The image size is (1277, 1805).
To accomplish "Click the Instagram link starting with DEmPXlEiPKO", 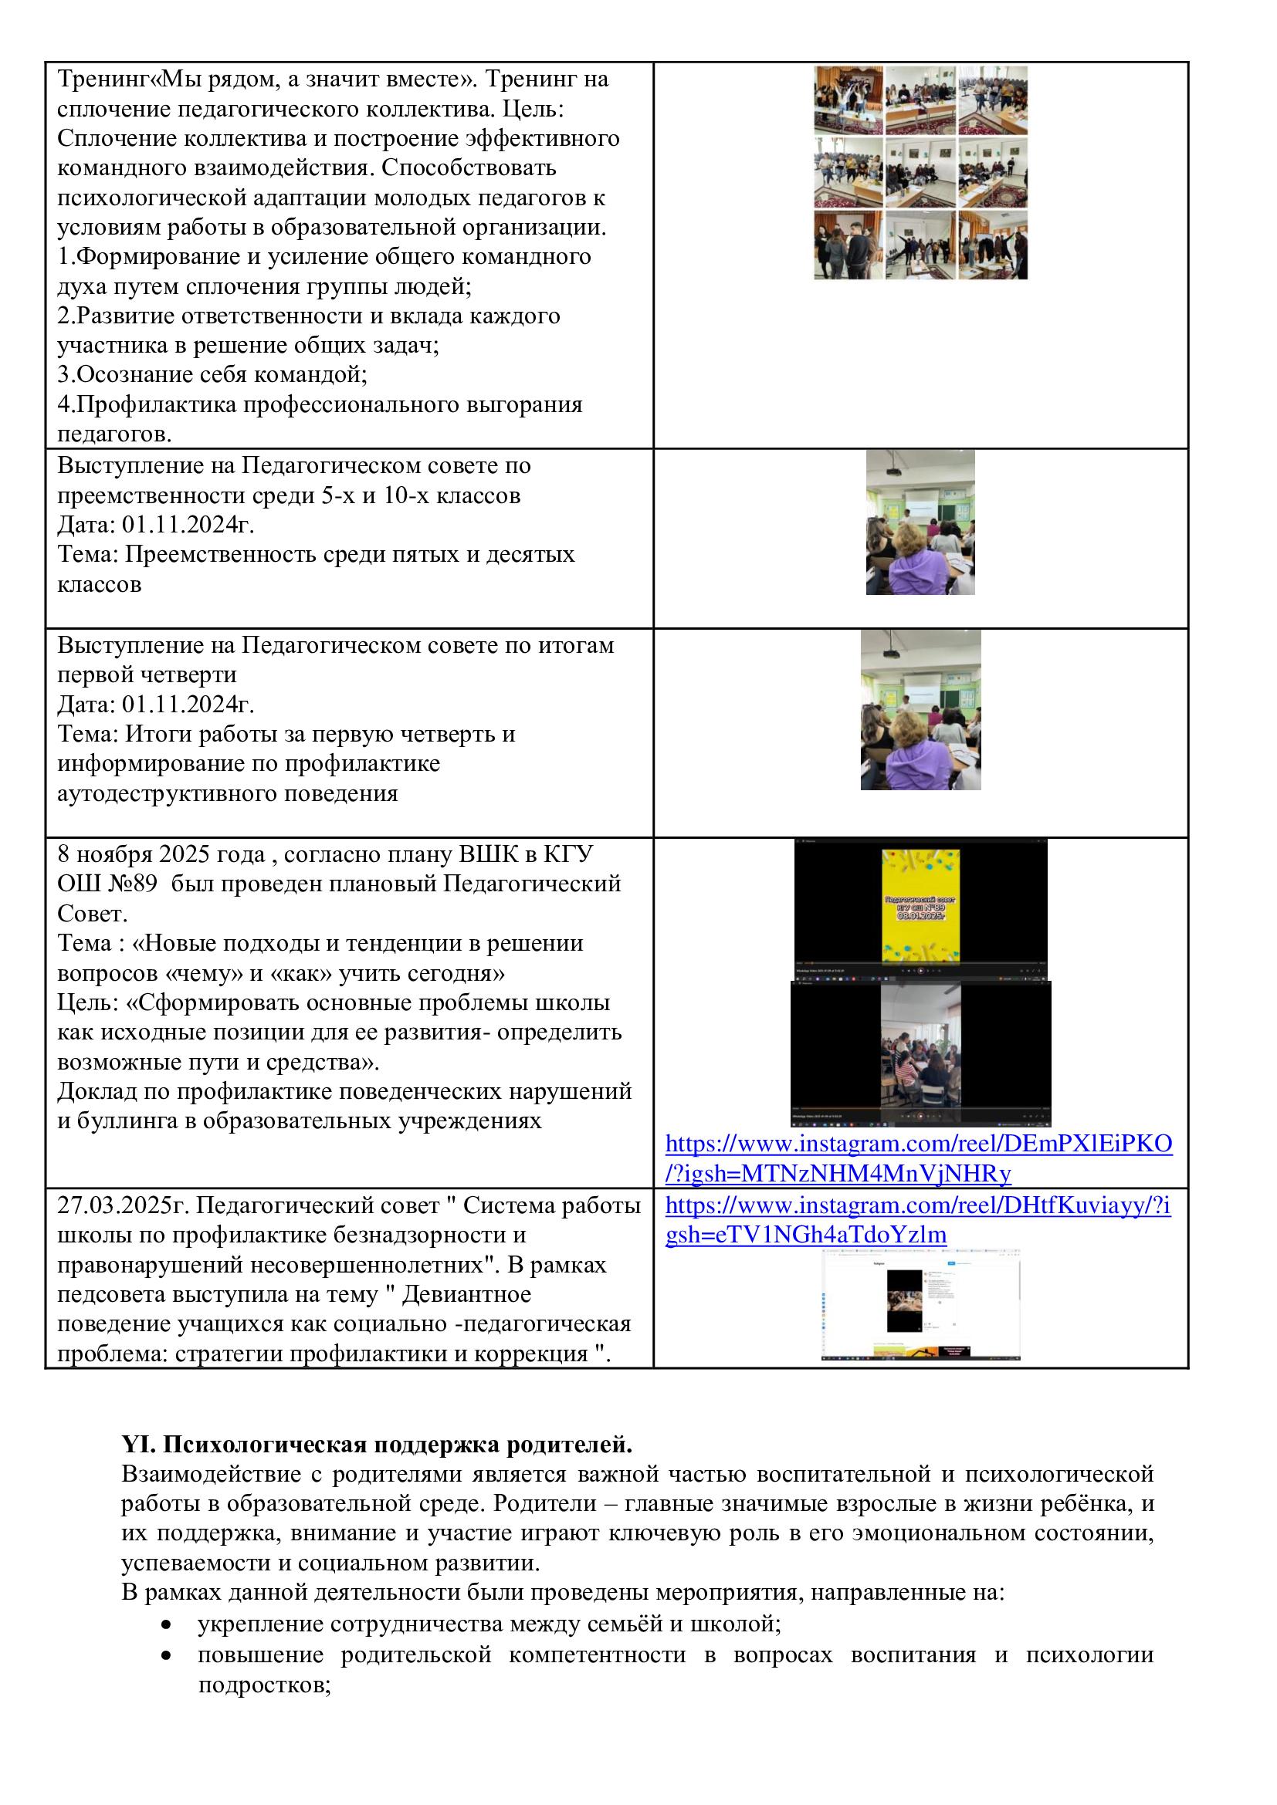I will pos(919,1144).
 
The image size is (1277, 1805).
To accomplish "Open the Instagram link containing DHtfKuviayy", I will pos(918,1207).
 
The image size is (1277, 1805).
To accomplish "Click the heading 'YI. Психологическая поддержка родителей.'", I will pos(377,1445).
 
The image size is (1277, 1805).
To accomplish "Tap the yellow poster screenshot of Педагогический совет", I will pos(920,907).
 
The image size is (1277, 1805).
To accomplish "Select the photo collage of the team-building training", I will pos(920,172).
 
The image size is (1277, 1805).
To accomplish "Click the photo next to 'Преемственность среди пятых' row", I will pos(920,522).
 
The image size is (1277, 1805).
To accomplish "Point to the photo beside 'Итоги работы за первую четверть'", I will pos(920,710).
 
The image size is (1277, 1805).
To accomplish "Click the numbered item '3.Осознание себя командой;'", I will pos(212,374).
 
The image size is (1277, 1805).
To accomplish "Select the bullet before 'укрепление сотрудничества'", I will pos(166,1624).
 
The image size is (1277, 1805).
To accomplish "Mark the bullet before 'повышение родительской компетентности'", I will pos(166,1654).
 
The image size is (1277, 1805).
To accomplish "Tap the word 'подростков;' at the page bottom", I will pos(263,1684).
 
